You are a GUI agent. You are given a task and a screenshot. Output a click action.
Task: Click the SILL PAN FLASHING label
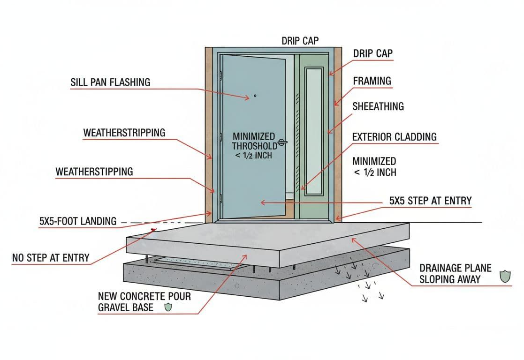coord(110,82)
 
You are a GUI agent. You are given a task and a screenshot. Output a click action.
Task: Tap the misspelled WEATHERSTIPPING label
coord(94,172)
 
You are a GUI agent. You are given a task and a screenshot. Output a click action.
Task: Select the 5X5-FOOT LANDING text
coord(78,221)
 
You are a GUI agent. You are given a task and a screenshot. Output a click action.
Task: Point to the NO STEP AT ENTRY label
coord(50,257)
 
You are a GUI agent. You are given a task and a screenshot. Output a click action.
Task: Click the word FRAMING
coord(372,81)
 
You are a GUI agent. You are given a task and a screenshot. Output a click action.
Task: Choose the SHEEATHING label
coord(378,106)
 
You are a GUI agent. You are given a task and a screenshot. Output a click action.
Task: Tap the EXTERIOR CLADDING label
coord(394,137)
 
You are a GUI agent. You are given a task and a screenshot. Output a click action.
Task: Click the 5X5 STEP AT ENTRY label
coord(430,201)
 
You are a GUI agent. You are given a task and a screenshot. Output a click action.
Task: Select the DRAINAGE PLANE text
coord(455,268)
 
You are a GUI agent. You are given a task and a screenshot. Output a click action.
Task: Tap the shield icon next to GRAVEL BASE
coord(168,307)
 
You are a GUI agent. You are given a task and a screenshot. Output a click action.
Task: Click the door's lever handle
coord(282,141)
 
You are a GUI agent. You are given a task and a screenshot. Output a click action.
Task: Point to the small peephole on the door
coord(255,96)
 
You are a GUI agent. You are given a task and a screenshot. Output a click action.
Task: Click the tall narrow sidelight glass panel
coord(313,131)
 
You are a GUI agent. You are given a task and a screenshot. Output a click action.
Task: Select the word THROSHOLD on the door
coord(254,146)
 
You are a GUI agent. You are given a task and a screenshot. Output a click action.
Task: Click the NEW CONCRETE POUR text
coord(144,297)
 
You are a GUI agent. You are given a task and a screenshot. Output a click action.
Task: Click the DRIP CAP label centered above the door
coord(300,41)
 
